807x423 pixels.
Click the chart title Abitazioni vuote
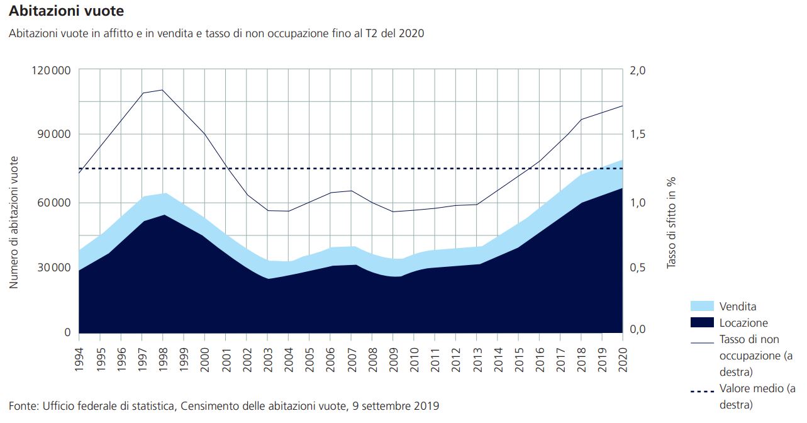pos(66,11)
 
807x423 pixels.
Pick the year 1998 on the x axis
pos(162,360)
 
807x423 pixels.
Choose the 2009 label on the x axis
pos(392,360)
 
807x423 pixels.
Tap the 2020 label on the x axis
pos(622,360)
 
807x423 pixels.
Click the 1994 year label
pos(79,360)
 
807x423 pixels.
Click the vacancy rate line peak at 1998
pos(162,89)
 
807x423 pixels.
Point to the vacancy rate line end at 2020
pos(622,106)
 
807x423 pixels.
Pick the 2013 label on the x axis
pos(476,360)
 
